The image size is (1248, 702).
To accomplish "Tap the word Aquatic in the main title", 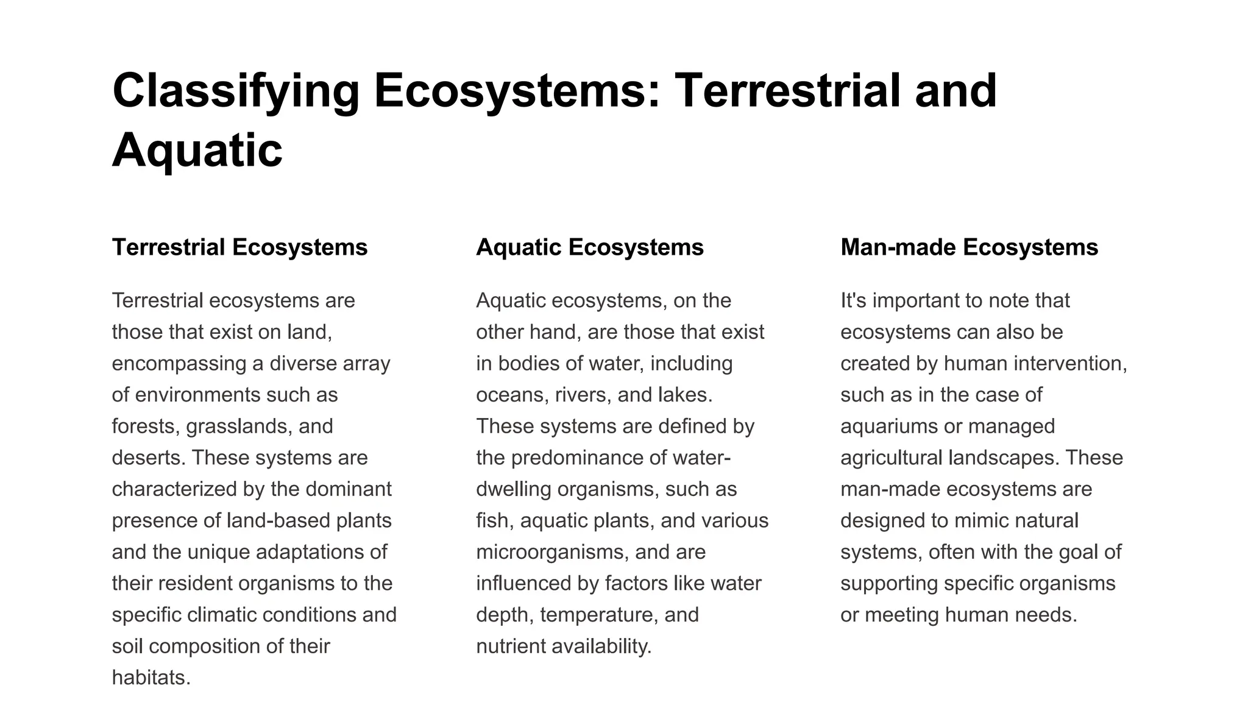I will coord(197,150).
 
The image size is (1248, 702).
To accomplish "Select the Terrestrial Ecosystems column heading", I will coord(239,247).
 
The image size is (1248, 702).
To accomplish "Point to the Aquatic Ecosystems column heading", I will coord(589,247).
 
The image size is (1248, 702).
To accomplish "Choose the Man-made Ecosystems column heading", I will coord(969,247).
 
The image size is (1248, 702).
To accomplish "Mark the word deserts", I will coord(148,458).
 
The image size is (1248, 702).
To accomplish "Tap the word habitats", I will coord(151,678).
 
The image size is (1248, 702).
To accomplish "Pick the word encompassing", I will coord(178,364).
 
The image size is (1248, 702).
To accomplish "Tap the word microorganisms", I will coord(551,552).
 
